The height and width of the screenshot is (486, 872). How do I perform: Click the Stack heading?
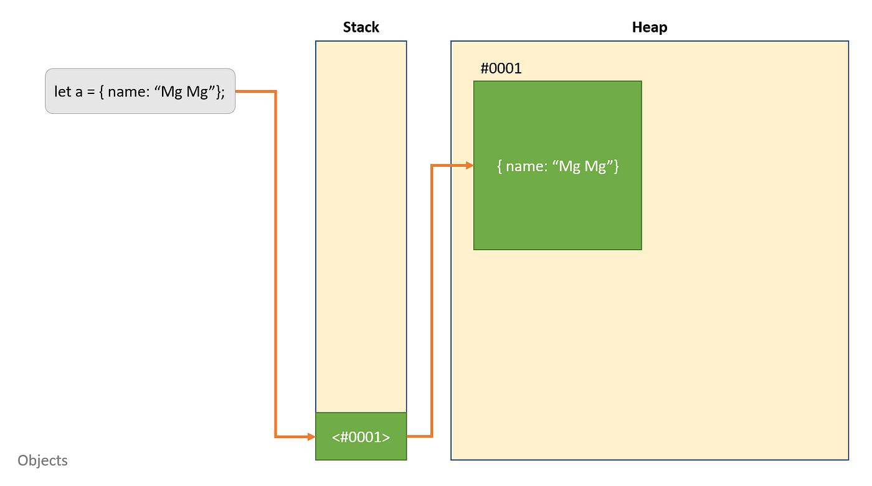click(x=361, y=27)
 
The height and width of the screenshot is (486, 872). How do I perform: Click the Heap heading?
click(x=649, y=27)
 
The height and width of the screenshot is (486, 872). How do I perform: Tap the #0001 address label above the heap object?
click(x=501, y=68)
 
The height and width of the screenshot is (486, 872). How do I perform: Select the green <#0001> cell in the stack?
click(x=361, y=437)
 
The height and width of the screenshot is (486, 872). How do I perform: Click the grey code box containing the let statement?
click(x=140, y=91)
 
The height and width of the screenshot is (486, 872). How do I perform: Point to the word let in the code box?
click(x=63, y=91)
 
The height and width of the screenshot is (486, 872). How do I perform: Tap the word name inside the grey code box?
click(x=127, y=91)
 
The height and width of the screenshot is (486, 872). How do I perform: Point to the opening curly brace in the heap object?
click(x=500, y=166)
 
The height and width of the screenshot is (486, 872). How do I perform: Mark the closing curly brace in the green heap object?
click(x=616, y=166)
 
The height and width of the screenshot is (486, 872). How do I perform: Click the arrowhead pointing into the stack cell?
click(x=311, y=437)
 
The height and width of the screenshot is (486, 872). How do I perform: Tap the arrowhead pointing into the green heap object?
click(x=469, y=166)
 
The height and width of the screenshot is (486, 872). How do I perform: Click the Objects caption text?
click(x=42, y=460)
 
